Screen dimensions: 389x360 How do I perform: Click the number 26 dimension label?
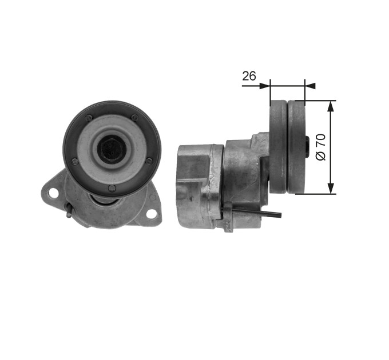(x=249, y=76)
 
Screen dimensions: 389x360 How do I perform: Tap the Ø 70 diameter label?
(x=321, y=147)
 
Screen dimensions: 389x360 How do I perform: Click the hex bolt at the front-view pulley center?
(x=112, y=150)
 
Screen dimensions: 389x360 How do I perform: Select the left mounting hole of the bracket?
(x=53, y=193)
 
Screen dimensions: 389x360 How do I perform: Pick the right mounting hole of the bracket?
(x=152, y=214)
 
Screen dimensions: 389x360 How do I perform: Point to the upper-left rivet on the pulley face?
(x=88, y=118)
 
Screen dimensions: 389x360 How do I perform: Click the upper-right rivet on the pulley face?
(x=134, y=118)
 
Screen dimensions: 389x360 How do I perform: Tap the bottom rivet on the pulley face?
(x=112, y=189)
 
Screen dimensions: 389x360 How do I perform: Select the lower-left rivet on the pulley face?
(x=74, y=162)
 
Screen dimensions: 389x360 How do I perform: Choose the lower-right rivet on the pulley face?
(x=149, y=161)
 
